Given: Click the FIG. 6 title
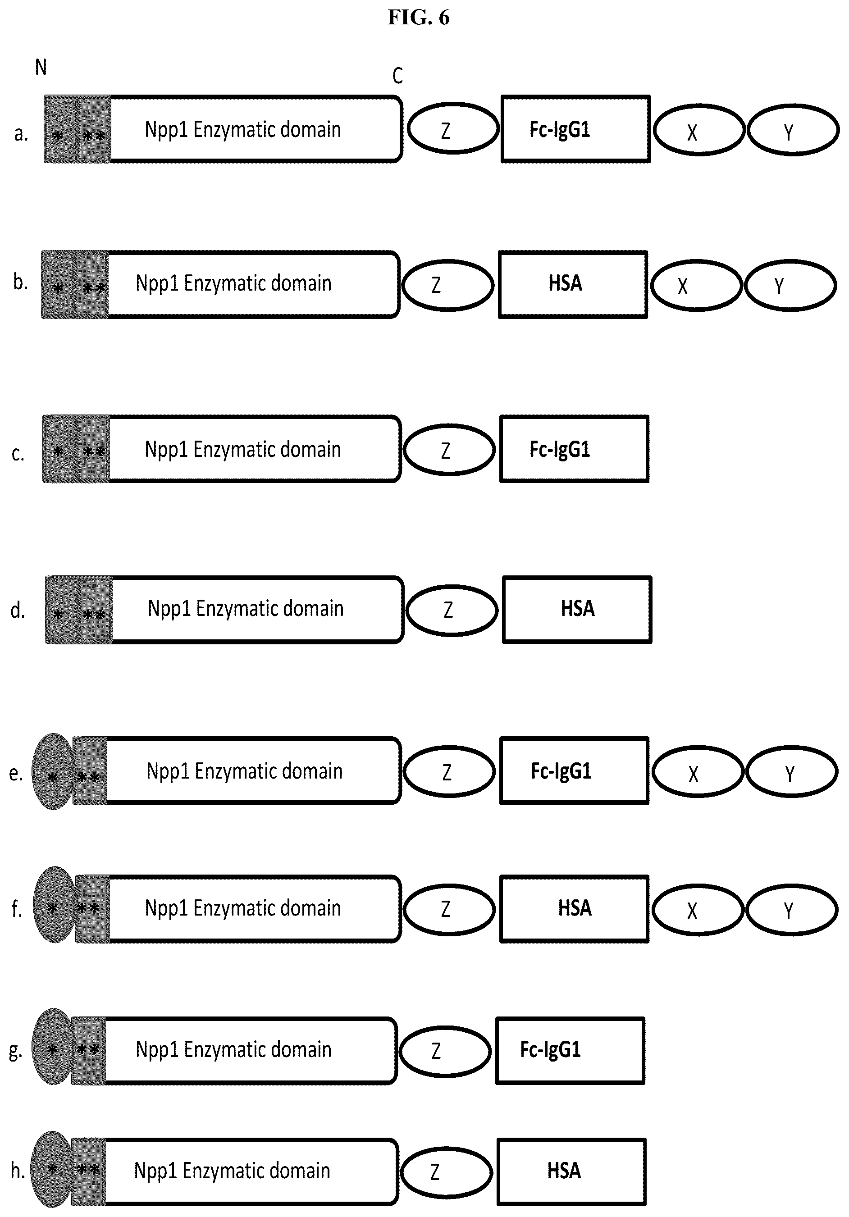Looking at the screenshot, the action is [x=418, y=18].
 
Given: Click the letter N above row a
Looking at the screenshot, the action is [x=41, y=67].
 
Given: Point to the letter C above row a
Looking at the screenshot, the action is [x=397, y=76].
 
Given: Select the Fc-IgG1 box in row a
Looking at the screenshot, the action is [x=575, y=129].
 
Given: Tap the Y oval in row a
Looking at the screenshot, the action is [x=793, y=130].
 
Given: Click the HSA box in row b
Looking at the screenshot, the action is [x=573, y=285].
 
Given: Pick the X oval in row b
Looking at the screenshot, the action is [x=696, y=285].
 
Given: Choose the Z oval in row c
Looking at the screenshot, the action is [x=449, y=450].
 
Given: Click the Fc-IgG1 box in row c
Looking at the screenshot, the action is [x=575, y=449].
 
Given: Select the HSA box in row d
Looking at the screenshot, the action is [x=577, y=610].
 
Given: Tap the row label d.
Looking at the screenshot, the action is [x=18, y=611].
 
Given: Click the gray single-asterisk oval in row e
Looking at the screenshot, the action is [x=52, y=771].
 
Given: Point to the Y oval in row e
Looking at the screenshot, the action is [x=792, y=772].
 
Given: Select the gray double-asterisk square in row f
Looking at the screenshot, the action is [x=93, y=909].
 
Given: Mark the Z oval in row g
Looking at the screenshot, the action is [x=445, y=1052].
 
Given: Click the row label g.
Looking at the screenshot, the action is [x=15, y=1052].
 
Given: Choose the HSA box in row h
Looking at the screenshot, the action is [x=572, y=1172].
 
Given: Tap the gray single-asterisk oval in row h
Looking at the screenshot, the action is [x=51, y=1169].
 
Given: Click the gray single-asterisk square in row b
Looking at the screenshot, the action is [x=58, y=285].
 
